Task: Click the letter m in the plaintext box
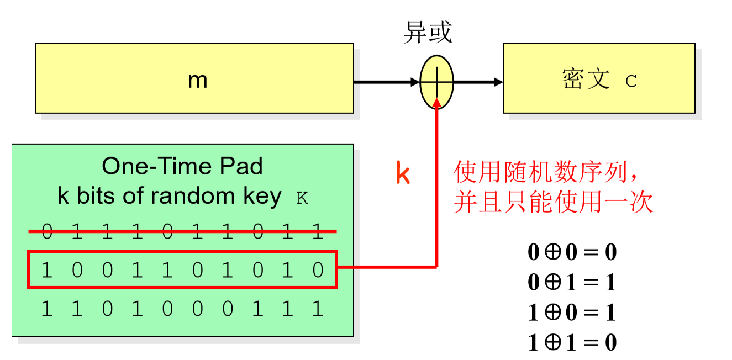click(x=197, y=81)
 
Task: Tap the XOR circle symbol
click(x=437, y=82)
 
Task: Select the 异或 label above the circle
click(x=428, y=33)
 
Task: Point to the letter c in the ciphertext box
click(x=631, y=82)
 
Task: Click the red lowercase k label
click(x=403, y=173)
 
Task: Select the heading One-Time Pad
click(x=182, y=166)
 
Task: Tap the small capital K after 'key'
click(x=302, y=199)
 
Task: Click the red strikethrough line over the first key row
click(x=182, y=232)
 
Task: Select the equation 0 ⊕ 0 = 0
click(x=572, y=252)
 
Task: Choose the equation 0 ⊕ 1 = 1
click(x=572, y=283)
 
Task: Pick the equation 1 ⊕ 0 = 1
click(x=572, y=313)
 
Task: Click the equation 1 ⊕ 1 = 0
click(x=572, y=343)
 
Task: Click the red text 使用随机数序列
click(x=544, y=173)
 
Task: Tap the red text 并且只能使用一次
click(x=553, y=203)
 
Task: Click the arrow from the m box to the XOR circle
click(x=386, y=82)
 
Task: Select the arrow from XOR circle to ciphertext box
click(x=478, y=82)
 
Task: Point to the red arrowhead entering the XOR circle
click(x=437, y=104)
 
